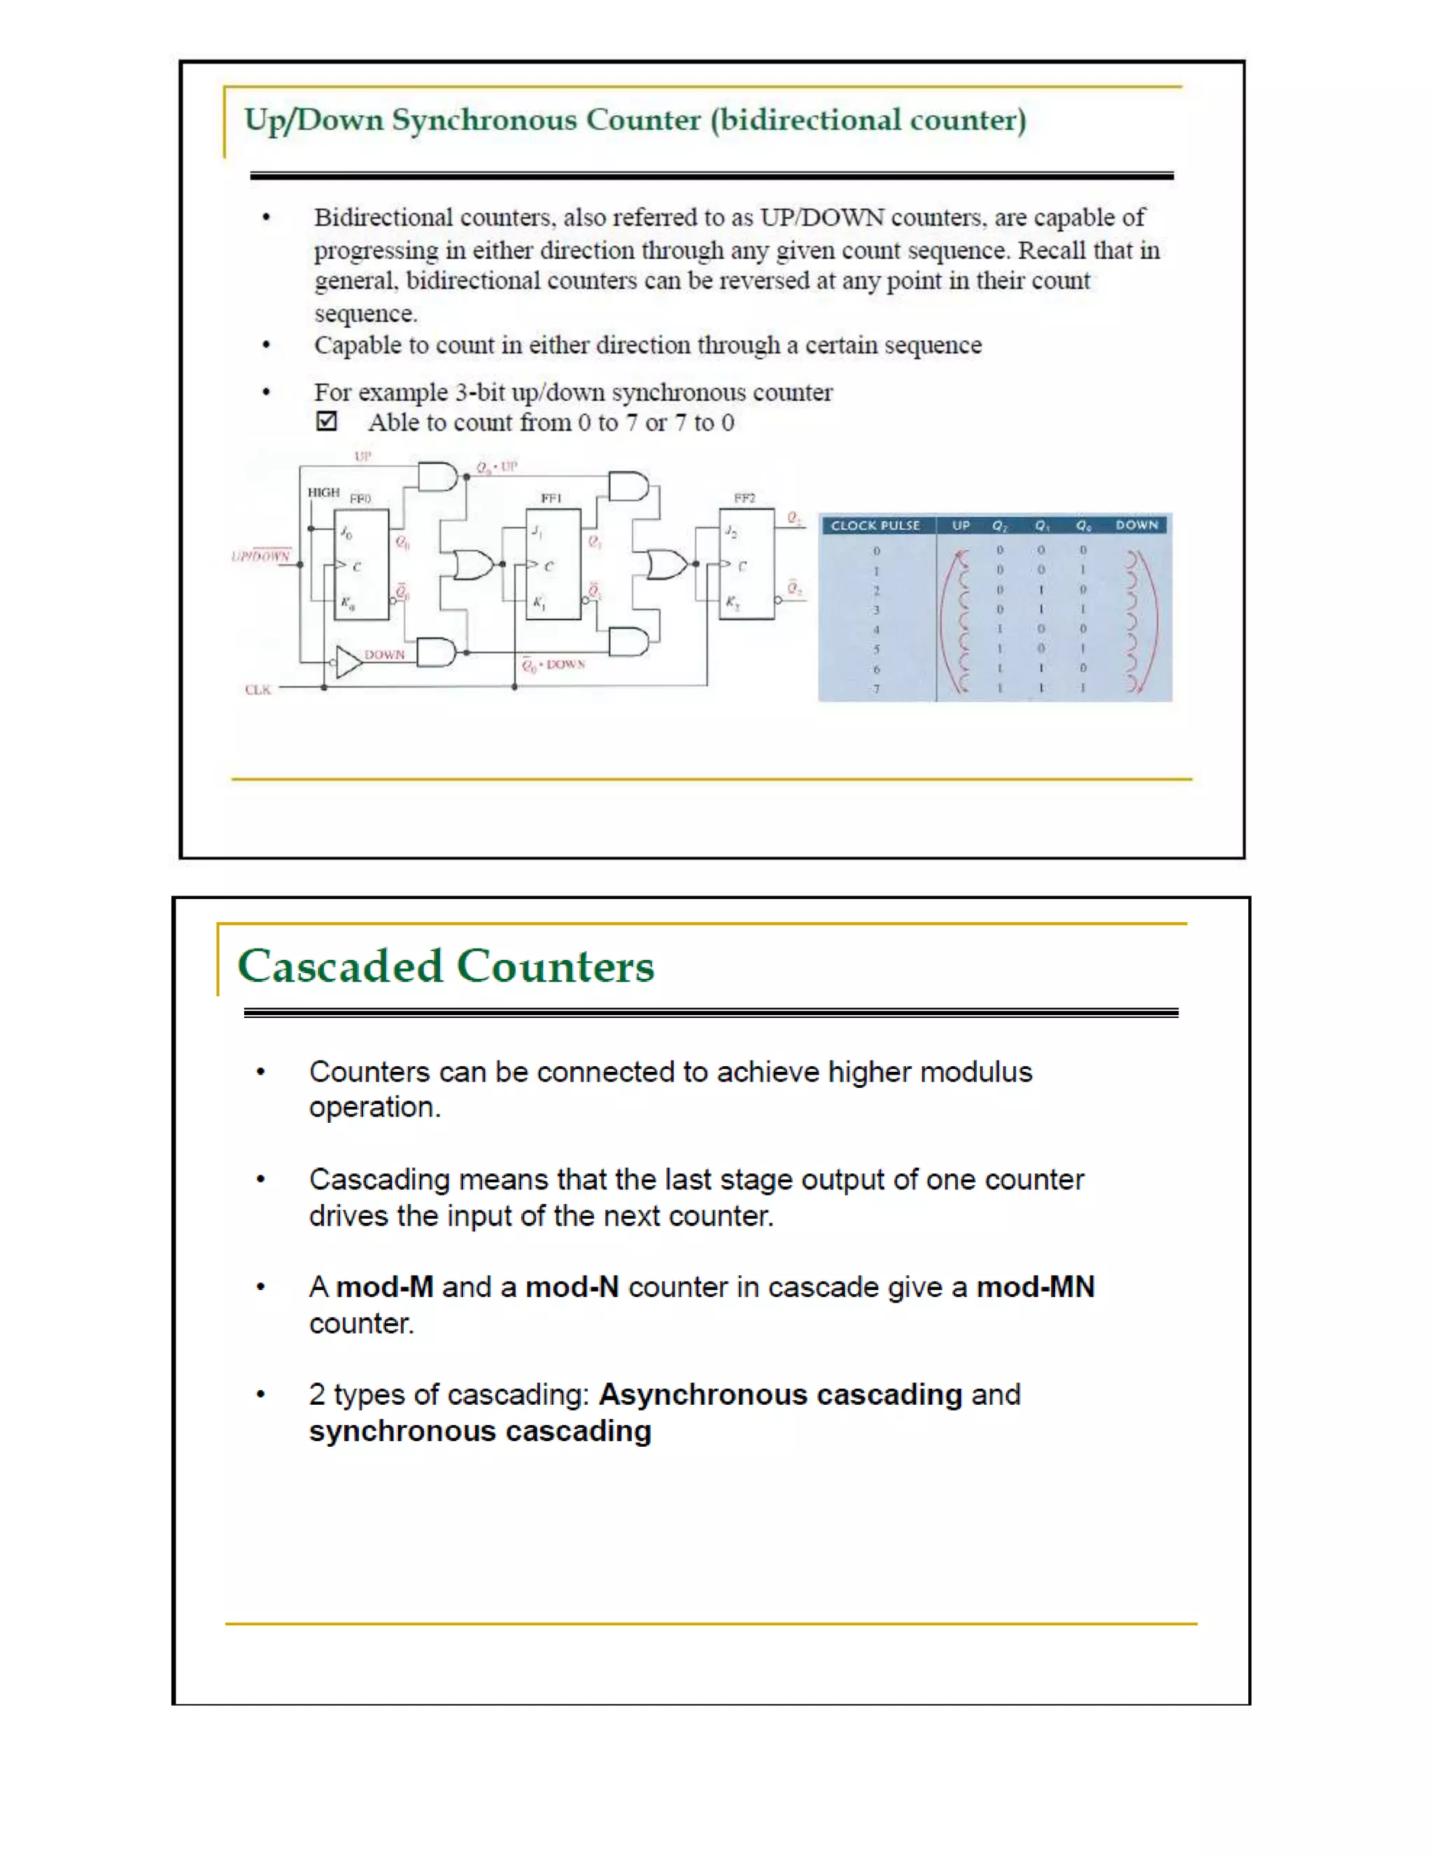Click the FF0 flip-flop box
(361, 565)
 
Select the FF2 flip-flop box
(746, 565)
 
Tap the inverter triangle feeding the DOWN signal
(347, 661)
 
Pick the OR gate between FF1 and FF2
(665, 565)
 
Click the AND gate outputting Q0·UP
(438, 477)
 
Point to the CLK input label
(258, 689)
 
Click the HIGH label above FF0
(323, 493)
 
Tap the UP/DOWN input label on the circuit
(260, 556)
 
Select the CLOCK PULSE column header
(875, 525)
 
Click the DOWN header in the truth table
(1137, 525)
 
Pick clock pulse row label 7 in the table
(876, 689)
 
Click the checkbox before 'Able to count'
(327, 421)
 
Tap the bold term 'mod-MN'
(1035, 1287)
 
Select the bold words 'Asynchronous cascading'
(780, 1395)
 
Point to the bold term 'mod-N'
(572, 1287)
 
